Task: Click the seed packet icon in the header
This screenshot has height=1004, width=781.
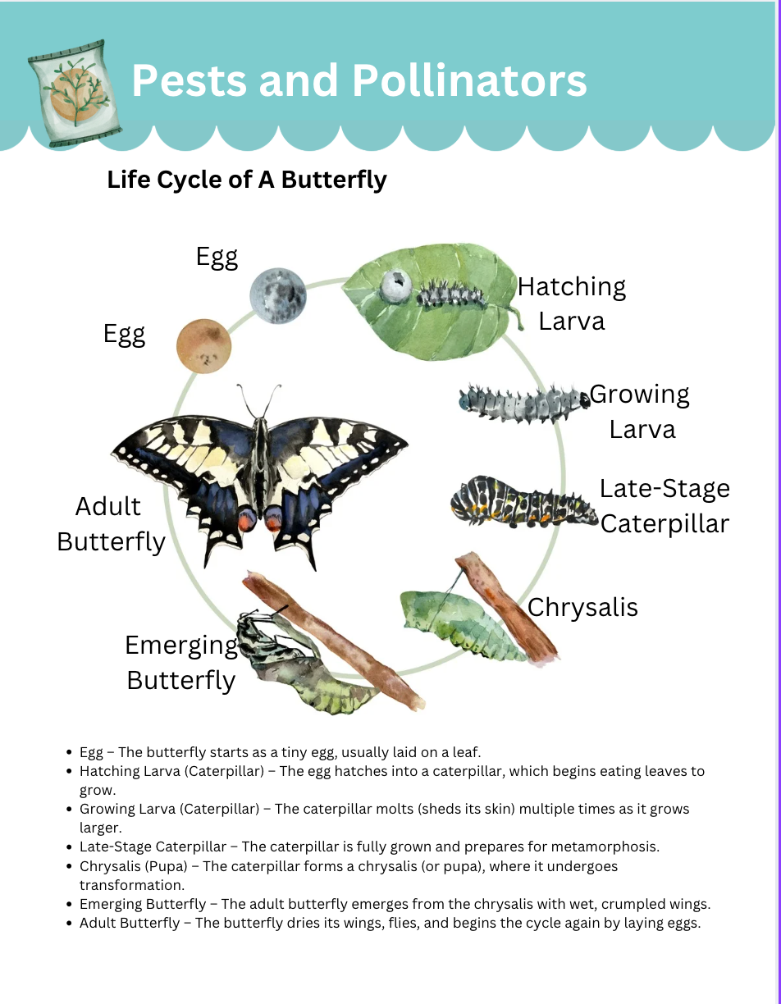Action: point(75,94)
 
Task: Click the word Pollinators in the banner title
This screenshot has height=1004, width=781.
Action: point(469,81)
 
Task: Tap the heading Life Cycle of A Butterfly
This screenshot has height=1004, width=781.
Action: point(247,180)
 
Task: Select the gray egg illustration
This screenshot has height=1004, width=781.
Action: point(278,295)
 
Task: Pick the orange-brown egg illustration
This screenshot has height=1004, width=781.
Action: point(203,346)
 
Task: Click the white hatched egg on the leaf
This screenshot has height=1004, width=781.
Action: point(396,285)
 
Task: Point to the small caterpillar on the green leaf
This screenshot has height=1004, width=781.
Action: point(450,294)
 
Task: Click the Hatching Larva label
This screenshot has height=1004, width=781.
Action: point(572,303)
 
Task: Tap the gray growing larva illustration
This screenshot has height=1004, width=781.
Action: point(524,404)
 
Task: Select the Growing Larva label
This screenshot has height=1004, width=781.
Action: point(640,412)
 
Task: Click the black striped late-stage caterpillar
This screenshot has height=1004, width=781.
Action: point(524,502)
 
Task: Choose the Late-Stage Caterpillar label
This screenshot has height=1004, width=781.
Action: point(665,506)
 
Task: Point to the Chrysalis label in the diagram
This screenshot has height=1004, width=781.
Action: point(582,608)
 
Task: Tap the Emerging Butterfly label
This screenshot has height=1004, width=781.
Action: point(181,664)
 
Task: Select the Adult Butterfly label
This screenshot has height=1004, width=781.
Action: point(111,524)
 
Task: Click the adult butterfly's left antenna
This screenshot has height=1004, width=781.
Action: point(246,401)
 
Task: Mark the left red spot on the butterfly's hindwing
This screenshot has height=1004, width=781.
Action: point(248,519)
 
